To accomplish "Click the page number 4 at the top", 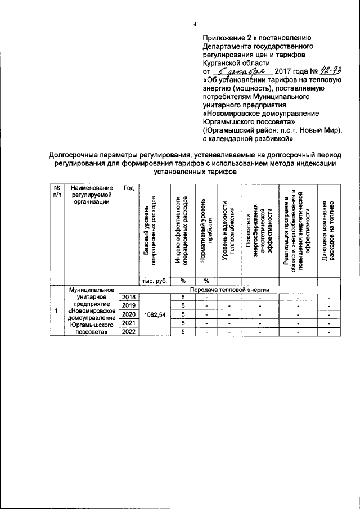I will [195, 24].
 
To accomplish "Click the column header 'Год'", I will [129, 188].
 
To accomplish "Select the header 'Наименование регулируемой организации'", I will [93, 195].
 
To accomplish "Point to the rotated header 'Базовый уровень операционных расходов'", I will [150, 232].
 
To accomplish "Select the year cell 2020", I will [129, 313].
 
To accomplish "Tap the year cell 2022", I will [129, 331].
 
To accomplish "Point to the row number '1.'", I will [57, 310].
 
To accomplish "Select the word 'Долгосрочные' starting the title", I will [74, 154].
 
